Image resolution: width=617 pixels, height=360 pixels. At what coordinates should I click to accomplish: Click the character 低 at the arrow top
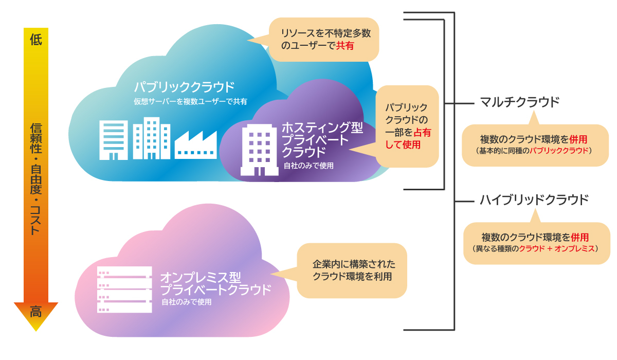[x=35, y=40]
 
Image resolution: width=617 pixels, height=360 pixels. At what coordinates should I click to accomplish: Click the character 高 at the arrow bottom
[x=35, y=312]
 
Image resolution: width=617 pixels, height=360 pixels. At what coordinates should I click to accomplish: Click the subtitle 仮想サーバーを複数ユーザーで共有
[x=190, y=101]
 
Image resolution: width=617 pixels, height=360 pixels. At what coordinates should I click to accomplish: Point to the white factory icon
[x=195, y=144]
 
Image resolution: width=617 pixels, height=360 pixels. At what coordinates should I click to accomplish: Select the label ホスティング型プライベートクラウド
[x=315, y=139]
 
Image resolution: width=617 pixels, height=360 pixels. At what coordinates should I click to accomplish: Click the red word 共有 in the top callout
[x=345, y=46]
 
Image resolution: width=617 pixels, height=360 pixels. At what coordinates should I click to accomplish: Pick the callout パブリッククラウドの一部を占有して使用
[x=407, y=126]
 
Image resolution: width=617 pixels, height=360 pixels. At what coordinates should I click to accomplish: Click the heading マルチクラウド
[x=519, y=102]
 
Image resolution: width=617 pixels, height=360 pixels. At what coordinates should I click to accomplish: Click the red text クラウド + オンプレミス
[x=556, y=248]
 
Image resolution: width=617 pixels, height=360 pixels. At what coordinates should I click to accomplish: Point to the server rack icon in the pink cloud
[x=124, y=290]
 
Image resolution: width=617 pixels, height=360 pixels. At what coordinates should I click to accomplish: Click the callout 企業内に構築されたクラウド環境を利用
[x=352, y=270]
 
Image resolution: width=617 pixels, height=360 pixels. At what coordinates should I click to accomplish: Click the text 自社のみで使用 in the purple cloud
[x=308, y=166]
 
